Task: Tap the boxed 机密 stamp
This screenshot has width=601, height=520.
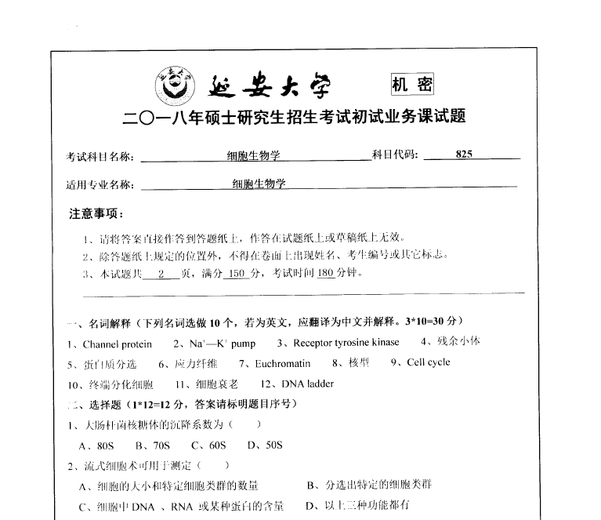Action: [x=411, y=84]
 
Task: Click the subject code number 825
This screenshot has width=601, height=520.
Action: [x=464, y=155]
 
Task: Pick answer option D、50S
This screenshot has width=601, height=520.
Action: [x=264, y=445]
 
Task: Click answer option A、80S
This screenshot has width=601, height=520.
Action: [x=97, y=445]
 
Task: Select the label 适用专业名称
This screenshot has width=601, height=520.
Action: [x=100, y=185]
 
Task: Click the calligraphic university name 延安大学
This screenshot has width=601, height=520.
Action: [x=270, y=85]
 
